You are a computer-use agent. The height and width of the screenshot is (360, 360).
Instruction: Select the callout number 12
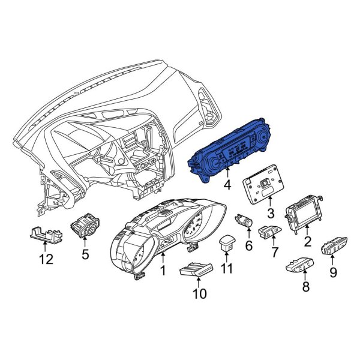pos(46,259)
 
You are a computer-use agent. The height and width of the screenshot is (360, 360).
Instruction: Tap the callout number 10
pos(200,293)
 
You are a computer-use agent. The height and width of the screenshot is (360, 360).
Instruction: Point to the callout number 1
pos(163,271)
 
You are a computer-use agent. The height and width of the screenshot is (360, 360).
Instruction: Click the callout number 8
pos(305,287)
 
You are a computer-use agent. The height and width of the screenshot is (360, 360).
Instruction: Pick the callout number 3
pos(271,213)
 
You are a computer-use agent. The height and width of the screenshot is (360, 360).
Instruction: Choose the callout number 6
pos(249,245)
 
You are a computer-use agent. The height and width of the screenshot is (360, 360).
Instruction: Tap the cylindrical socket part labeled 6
pos(244,221)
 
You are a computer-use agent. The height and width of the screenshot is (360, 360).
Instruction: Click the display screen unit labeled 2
pos(303,211)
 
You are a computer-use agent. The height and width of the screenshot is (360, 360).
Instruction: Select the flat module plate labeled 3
pos(264,184)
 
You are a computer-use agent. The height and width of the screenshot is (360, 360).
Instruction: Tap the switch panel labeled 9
pos(334,247)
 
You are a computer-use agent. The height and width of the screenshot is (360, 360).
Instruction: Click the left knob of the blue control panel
pos(215,163)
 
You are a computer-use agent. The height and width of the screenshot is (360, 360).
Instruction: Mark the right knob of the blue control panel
pos(262,137)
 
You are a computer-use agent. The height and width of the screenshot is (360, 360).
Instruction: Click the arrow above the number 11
pos(226,257)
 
